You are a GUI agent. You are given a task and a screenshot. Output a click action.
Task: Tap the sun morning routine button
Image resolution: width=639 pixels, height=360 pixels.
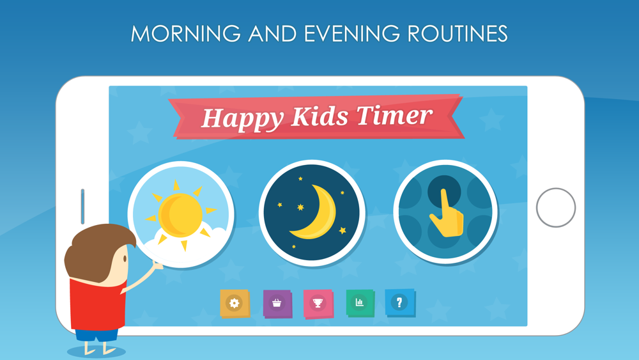click(181, 214)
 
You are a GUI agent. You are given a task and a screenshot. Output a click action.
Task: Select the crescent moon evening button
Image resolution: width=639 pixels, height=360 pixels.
click(312, 213)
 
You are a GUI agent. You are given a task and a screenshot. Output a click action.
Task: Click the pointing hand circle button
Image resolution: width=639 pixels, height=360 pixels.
click(445, 212)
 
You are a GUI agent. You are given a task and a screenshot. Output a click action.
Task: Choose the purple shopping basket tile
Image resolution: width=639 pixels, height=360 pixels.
click(277, 304)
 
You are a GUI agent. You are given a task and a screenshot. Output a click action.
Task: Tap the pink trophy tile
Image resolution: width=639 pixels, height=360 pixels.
click(318, 304)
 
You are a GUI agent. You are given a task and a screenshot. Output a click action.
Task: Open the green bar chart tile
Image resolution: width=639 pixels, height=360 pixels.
click(360, 302)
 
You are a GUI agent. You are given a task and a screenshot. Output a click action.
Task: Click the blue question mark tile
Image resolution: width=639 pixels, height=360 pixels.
click(400, 302)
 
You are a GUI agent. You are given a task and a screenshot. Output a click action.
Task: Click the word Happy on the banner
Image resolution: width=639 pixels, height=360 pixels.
click(242, 119)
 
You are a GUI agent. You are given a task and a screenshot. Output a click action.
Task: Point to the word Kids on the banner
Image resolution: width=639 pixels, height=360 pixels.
click(320, 116)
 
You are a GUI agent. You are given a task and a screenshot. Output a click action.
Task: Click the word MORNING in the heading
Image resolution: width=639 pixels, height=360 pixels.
click(186, 33)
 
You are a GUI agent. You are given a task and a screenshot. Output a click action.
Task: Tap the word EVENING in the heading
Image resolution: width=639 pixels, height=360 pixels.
click(351, 33)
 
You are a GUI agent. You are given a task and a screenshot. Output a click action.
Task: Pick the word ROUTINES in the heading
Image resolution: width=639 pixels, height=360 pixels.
click(458, 33)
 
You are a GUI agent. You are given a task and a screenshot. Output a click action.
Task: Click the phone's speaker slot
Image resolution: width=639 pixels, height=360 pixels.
click(82, 207)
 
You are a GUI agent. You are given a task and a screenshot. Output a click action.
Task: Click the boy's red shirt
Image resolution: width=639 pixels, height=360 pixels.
click(97, 304)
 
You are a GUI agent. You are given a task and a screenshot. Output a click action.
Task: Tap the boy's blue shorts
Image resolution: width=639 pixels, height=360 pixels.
click(96, 334)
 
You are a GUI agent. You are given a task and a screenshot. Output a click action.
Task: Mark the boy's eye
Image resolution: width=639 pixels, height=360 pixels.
click(125, 259)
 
